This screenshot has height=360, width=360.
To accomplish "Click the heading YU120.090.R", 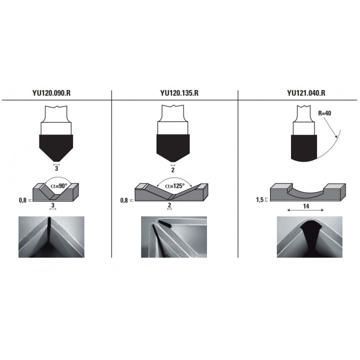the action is click(51, 93).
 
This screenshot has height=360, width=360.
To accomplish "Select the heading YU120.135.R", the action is click(179, 93).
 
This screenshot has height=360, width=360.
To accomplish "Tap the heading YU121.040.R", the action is click(306, 93).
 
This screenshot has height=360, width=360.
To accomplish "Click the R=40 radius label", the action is click(324, 113).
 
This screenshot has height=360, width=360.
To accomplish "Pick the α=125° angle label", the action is click(174, 186).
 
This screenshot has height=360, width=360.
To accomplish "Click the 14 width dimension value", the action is click(306, 206).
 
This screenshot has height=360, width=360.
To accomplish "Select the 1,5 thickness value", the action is click(259, 199).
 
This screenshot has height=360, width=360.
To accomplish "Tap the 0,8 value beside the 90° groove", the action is click(22, 200).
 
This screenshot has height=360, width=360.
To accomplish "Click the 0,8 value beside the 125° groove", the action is click(124, 200).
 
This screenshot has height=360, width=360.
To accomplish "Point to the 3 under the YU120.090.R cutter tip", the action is click(56, 168).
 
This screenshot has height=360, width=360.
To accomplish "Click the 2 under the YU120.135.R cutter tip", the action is click(173, 170).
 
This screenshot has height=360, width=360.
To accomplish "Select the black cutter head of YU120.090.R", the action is click(56, 148).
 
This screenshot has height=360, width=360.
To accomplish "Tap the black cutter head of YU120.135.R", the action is click(173, 147).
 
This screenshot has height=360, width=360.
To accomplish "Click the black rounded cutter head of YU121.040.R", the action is click(304, 148).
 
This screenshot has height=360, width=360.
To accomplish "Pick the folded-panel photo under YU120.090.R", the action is click(51, 237).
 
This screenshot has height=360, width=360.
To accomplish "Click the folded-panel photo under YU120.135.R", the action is click(174, 237).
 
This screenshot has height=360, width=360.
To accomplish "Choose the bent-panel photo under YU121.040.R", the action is click(309, 237).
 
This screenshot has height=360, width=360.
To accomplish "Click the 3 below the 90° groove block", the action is click(53, 205).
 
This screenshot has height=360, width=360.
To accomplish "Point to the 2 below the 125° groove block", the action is click(169, 205).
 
